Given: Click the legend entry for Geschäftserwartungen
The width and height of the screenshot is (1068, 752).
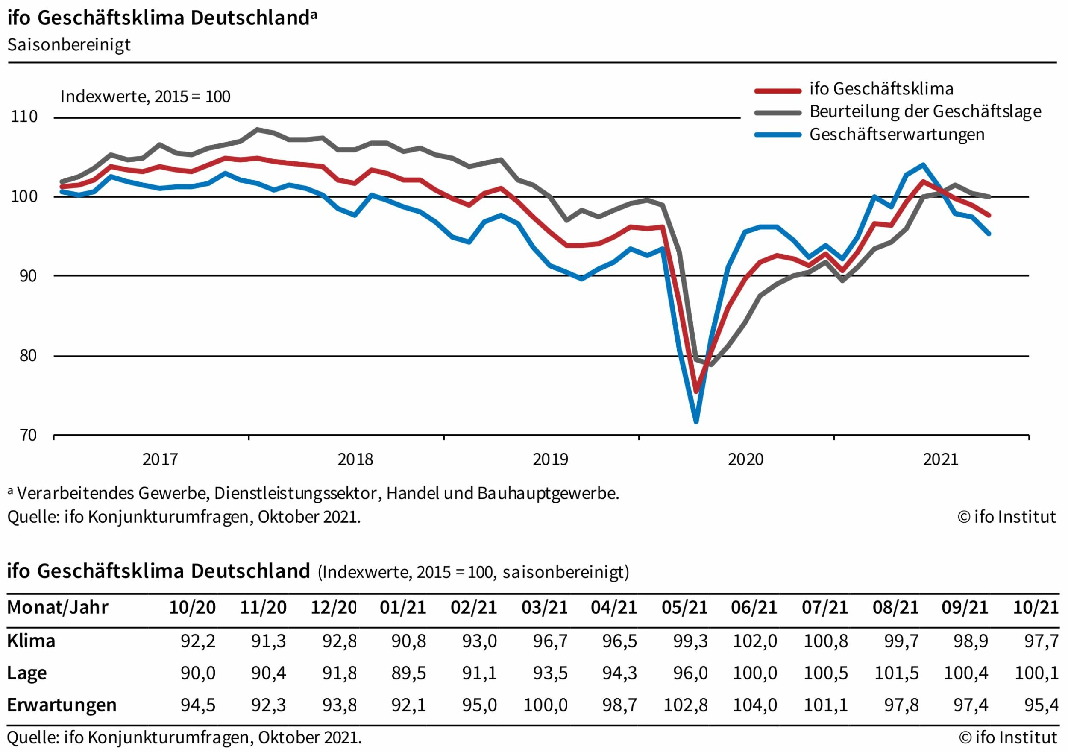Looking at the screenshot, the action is pos(897,135).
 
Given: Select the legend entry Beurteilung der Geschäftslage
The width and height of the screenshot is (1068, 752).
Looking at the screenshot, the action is pos(925,111).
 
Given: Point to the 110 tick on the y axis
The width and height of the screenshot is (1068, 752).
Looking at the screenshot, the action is pos(24,117).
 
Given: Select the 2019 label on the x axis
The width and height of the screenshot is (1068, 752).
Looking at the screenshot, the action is pos(550,459).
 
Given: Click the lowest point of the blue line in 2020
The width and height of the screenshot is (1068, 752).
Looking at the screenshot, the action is pos(696,422).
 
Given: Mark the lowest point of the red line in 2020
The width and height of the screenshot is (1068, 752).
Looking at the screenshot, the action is pos(696,391).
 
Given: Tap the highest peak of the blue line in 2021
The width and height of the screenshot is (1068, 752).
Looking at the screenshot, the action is pos(923,165).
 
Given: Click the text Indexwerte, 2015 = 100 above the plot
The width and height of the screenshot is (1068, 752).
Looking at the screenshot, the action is pos(145,97).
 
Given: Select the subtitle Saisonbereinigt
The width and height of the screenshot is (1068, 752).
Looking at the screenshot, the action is pos(69,45).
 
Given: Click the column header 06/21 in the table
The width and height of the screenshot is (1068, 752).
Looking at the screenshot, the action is pos(754,607).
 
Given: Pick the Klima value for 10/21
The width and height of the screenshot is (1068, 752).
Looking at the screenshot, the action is pos(1041,641).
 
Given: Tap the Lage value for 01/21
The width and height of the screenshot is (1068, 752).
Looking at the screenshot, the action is pos(408,673).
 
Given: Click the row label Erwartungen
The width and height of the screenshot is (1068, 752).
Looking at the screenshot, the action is pos(62,705).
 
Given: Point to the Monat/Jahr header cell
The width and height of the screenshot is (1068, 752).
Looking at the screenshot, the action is pos(58,607).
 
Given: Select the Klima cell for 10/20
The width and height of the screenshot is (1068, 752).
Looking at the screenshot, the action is pos(198,641).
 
